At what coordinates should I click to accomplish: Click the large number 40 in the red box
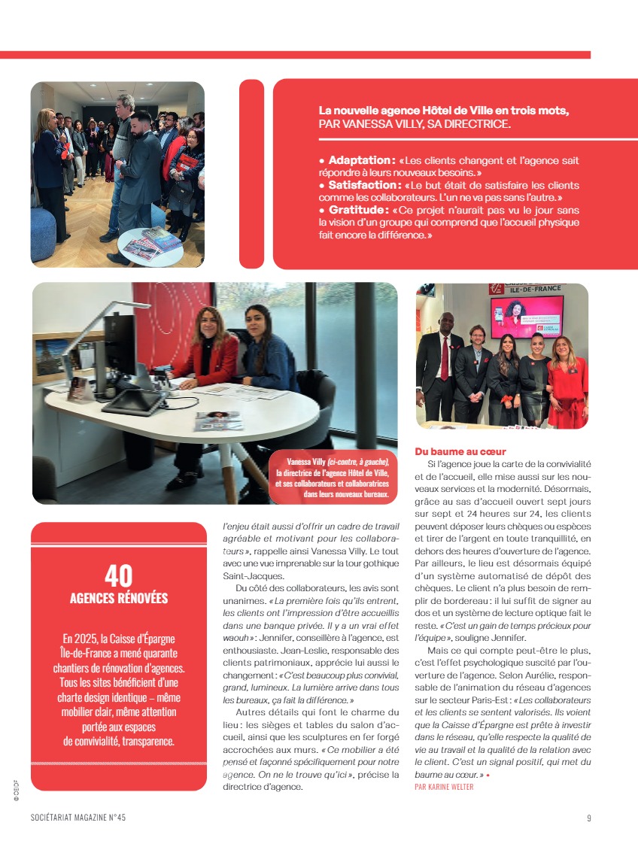pyautogui.click(x=118, y=575)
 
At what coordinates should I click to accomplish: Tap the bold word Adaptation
pyautogui.click(x=361, y=160)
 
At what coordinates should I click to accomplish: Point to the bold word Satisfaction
pyautogui.click(x=363, y=185)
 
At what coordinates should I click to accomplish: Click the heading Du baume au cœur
pyautogui.click(x=460, y=451)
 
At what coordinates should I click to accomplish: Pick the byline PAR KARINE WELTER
pyautogui.click(x=444, y=787)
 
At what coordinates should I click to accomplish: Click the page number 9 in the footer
pyautogui.click(x=588, y=818)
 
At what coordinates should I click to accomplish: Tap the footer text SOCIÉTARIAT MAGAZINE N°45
pyautogui.click(x=78, y=818)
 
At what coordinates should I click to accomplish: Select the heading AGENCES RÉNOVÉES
pyautogui.click(x=118, y=599)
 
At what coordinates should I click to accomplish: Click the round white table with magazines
pyautogui.click(x=150, y=245)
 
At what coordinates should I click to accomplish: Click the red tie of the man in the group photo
pyautogui.click(x=445, y=357)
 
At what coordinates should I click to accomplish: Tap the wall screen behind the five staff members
pyautogui.click(x=527, y=316)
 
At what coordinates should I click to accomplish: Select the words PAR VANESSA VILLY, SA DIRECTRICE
pyautogui.click(x=415, y=124)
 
